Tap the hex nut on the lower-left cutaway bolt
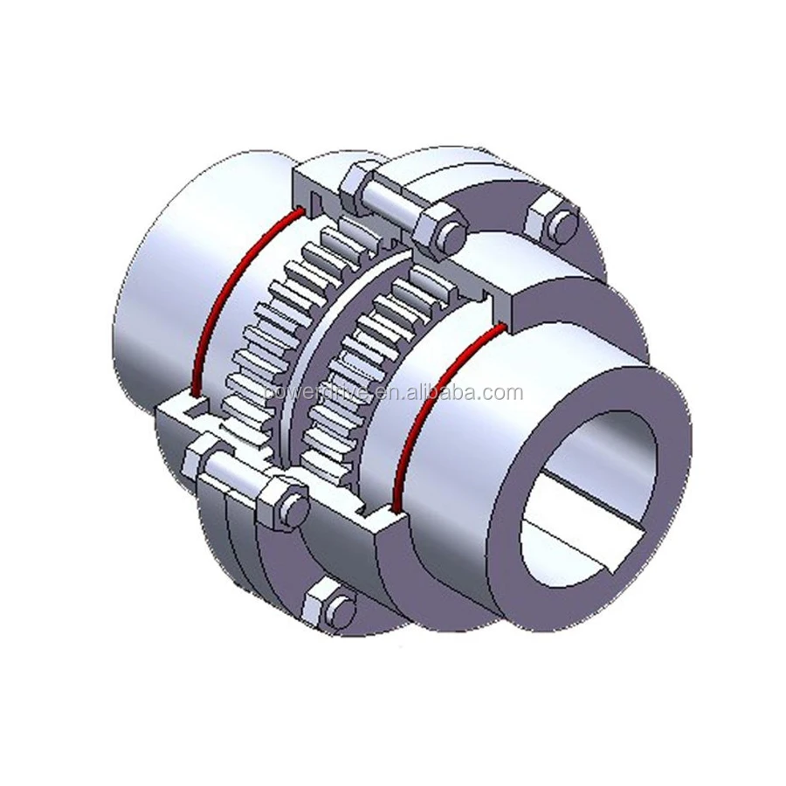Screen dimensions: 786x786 pos(283,504)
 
